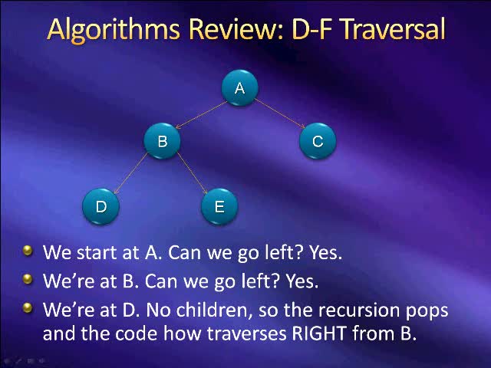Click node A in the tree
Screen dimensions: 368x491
pos(240,88)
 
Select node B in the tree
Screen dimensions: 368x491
pos(163,141)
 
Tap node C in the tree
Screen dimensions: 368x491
pos(317,141)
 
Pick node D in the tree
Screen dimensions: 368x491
pos(101,206)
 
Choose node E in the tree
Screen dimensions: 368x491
pos(219,206)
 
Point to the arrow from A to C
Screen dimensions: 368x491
pos(279,113)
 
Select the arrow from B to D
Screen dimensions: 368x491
pos(131,174)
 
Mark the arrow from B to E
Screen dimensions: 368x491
pos(192,174)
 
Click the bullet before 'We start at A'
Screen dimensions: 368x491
pos(28,251)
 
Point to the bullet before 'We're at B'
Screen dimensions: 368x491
pos(28,280)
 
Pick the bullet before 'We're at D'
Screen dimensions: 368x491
pos(28,309)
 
